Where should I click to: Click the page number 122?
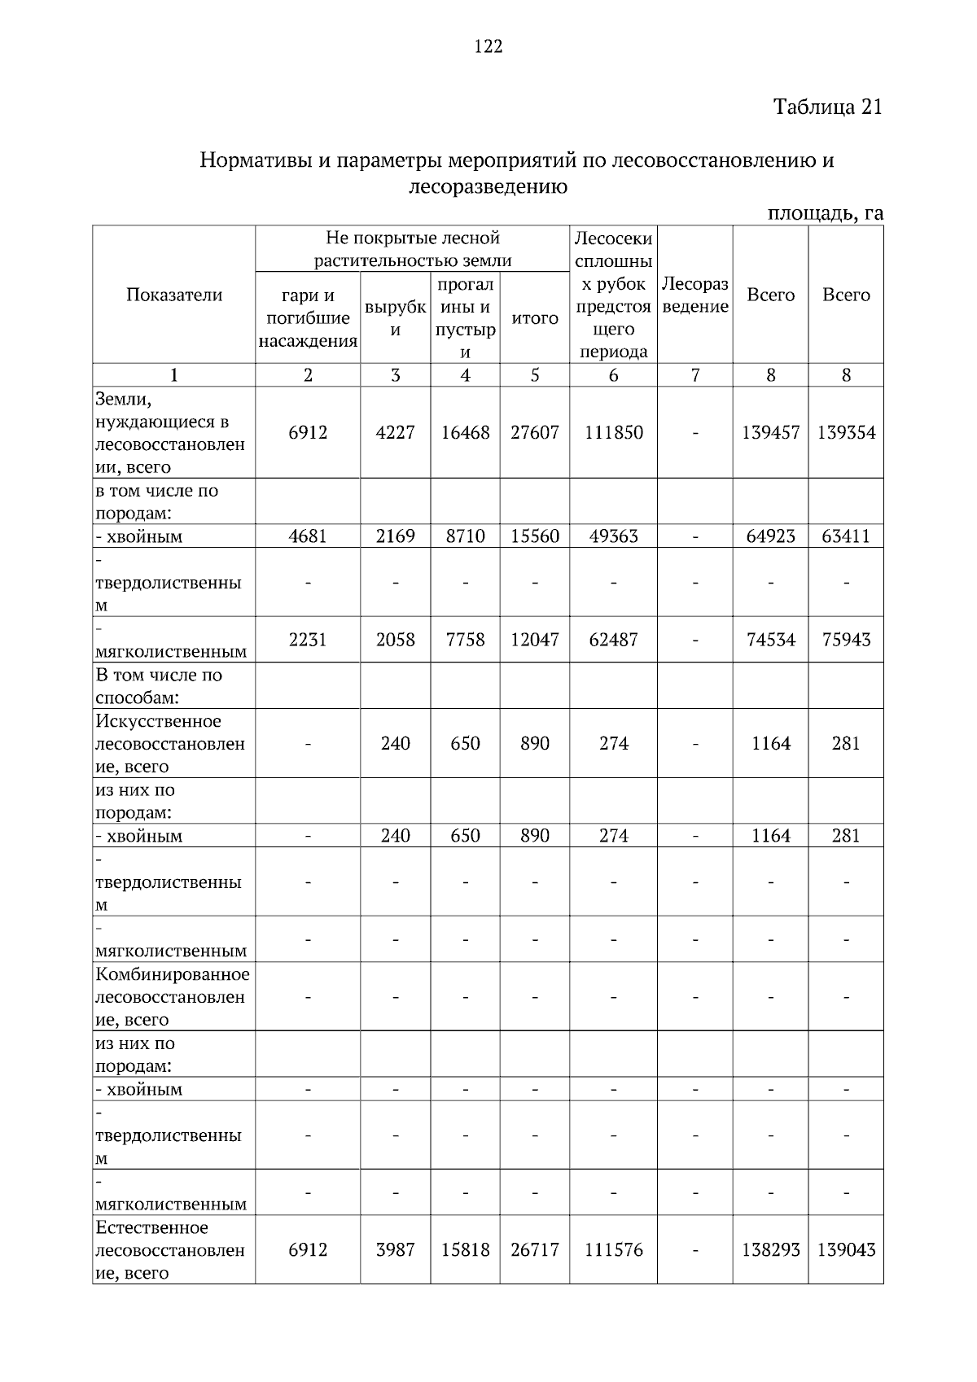tap(488, 46)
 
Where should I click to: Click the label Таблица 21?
tap(826, 107)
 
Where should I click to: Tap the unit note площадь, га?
tap(825, 214)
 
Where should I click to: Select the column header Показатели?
tap(173, 295)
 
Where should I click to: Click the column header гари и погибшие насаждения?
tap(308, 318)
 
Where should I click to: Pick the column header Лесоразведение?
tap(694, 295)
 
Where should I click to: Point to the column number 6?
tap(613, 374)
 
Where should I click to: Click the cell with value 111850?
tap(613, 432)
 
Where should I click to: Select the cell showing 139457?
tap(770, 432)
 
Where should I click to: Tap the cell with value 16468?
tap(465, 432)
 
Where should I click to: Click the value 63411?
tap(845, 536)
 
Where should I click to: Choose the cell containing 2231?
tap(308, 640)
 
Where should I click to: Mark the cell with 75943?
tap(845, 640)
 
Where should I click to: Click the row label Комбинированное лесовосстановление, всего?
tap(173, 997)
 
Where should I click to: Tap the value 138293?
tap(770, 1250)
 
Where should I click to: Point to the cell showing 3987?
tap(395, 1250)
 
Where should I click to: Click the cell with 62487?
tap(613, 640)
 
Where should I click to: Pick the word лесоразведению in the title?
tap(487, 187)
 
